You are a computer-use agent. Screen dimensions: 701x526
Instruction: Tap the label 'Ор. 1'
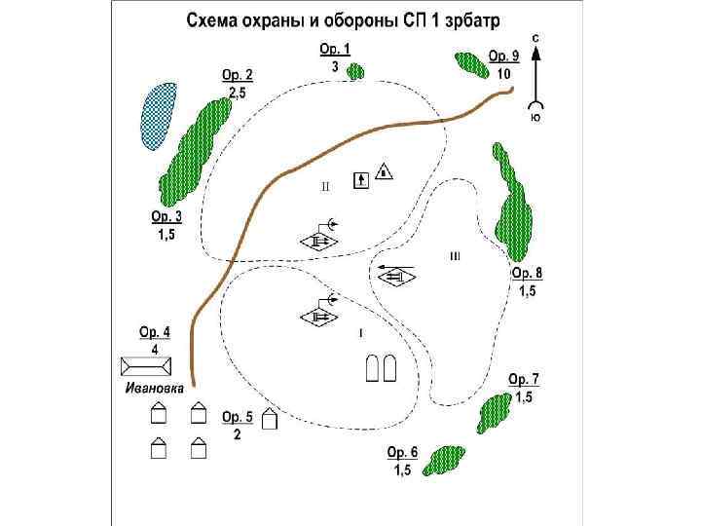click(334, 49)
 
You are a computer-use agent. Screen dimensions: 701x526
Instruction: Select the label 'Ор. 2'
click(237, 74)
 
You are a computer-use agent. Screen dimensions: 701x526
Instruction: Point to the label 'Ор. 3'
click(166, 216)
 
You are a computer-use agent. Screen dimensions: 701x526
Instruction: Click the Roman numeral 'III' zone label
click(455, 256)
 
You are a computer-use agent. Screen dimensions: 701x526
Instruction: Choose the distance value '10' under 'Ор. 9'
click(503, 73)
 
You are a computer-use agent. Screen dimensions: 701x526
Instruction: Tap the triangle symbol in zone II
click(384, 171)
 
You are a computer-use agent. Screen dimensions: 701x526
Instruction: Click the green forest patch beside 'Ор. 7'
click(494, 412)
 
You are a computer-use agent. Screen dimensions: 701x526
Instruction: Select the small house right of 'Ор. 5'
click(270, 421)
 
